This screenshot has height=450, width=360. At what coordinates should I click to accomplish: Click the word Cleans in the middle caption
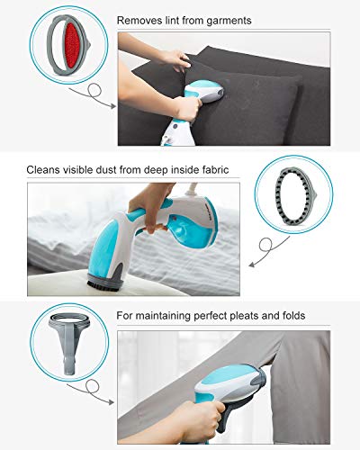(45, 168)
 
